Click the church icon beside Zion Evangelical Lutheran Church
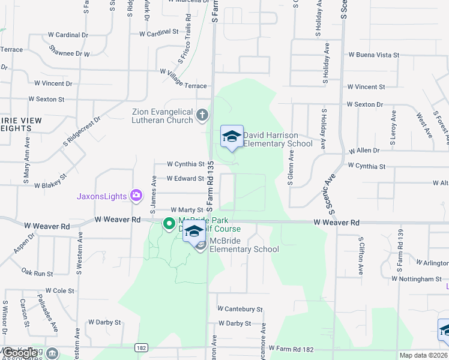tap(203, 114)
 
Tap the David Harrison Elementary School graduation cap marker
tap(232, 137)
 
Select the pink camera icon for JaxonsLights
tap(137, 195)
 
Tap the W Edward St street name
tap(185, 179)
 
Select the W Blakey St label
tap(53, 187)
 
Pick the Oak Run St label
tap(37, 272)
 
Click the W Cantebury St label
tap(240, 309)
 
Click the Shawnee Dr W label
tap(70, 53)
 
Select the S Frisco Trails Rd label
tap(184, 46)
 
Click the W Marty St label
tap(187, 210)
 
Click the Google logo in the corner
tap(20, 353)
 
